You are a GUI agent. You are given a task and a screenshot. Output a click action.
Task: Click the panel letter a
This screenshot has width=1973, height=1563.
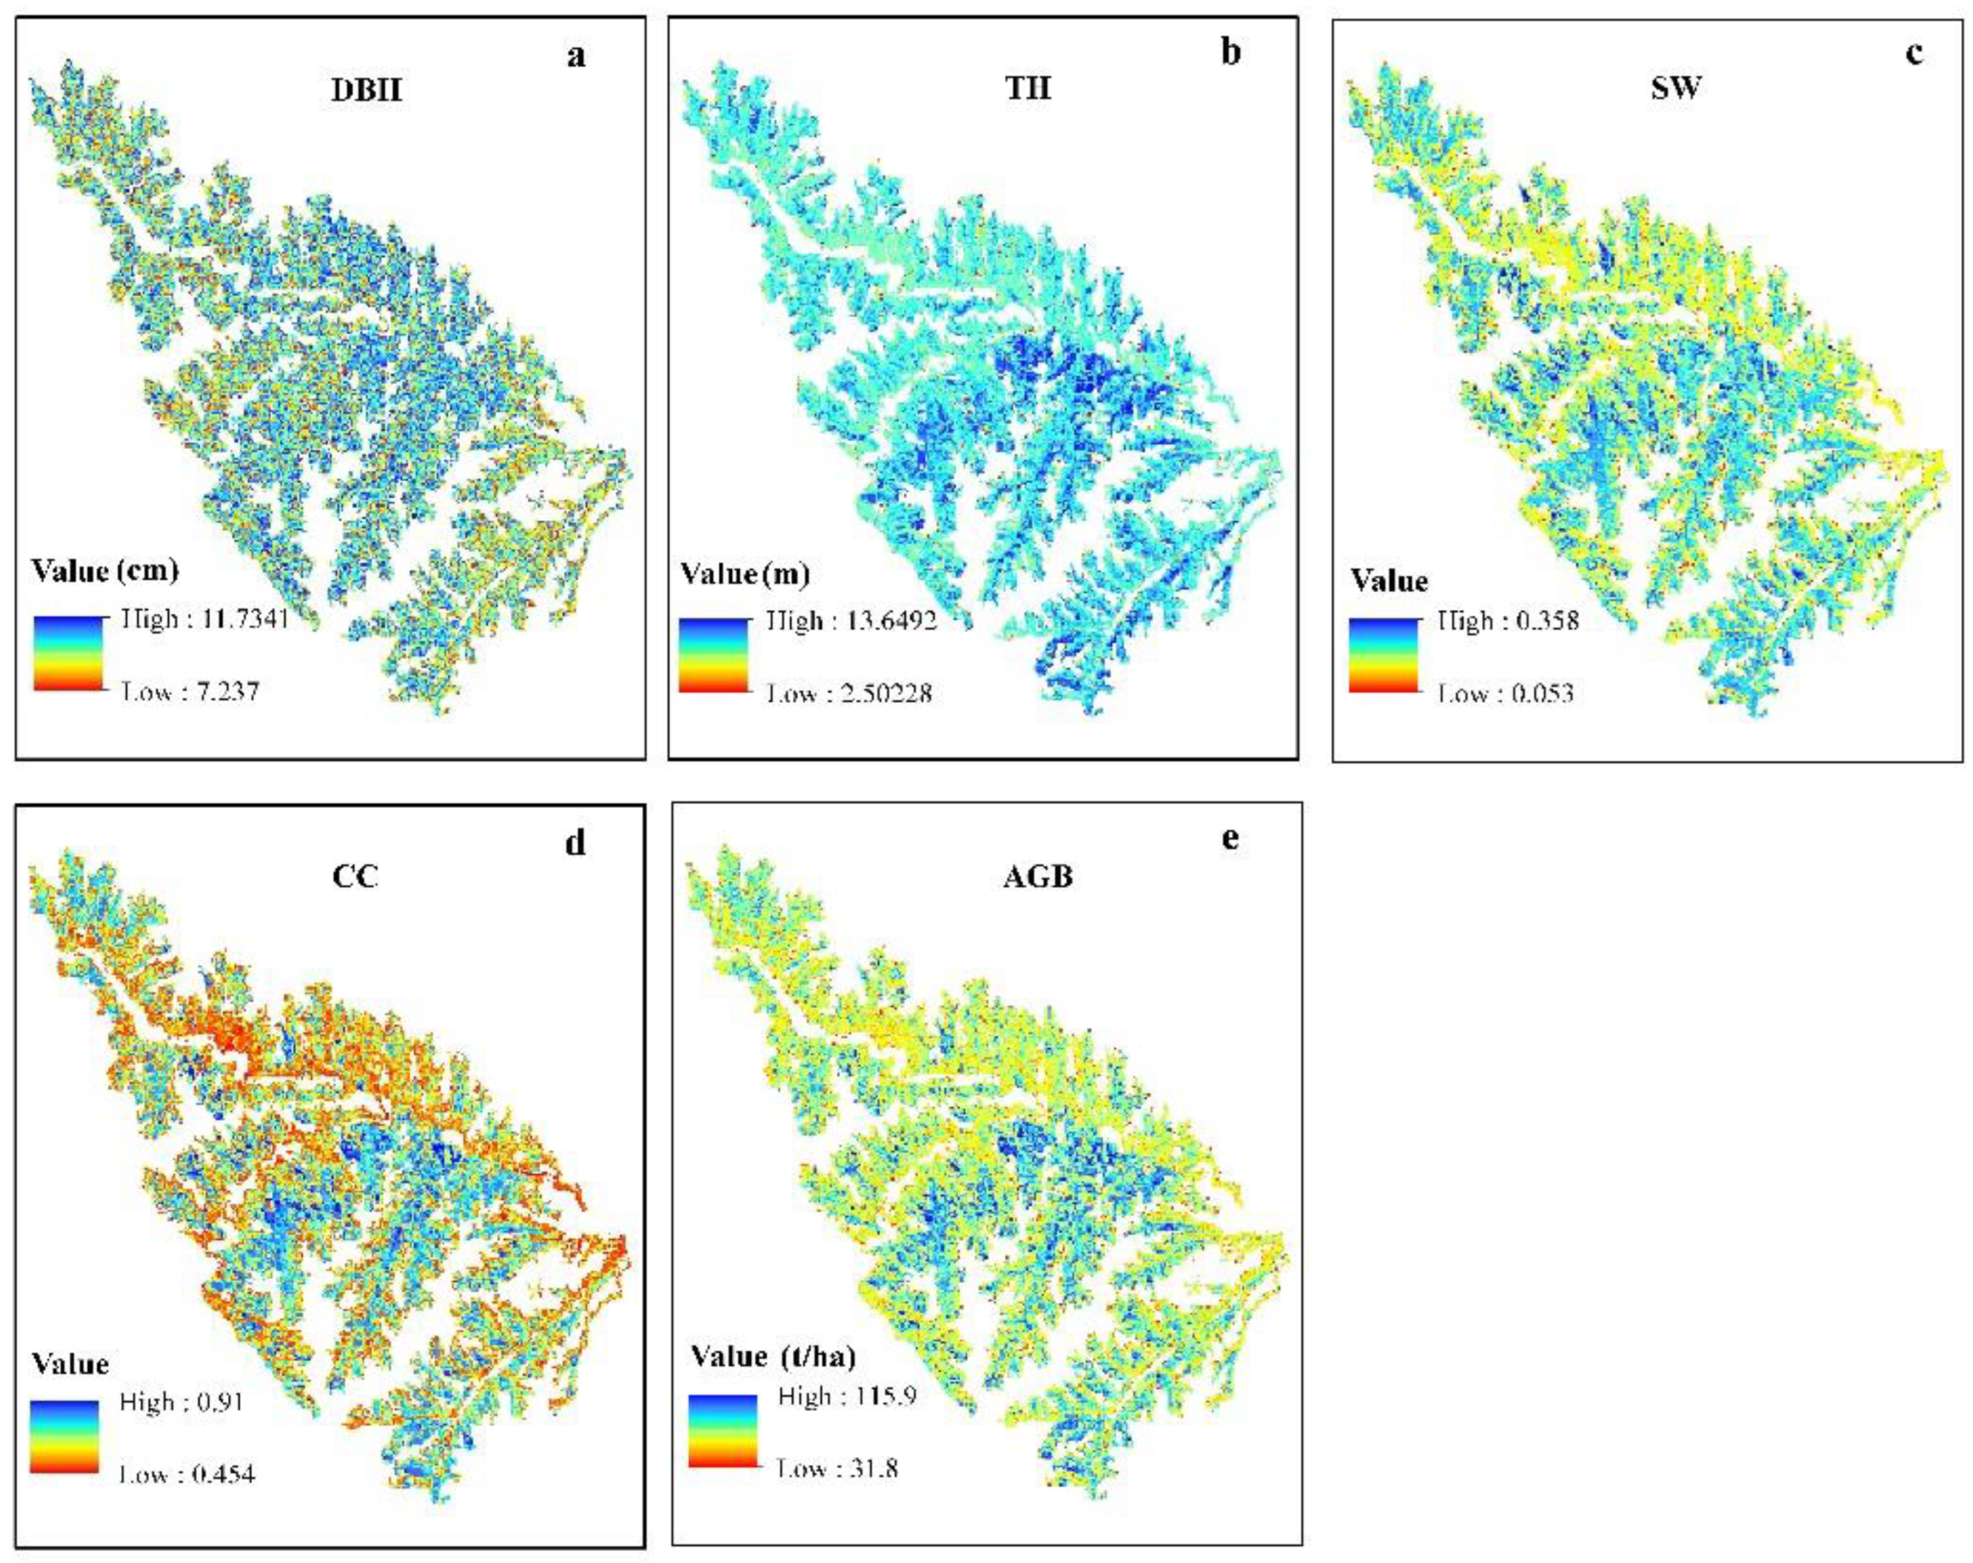click(x=575, y=57)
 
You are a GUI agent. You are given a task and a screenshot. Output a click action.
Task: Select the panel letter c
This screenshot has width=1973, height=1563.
click(x=1914, y=53)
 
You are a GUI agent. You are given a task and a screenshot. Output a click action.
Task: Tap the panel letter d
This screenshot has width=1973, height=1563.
click(x=575, y=842)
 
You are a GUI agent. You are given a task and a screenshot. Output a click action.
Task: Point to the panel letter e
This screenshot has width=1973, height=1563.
click(x=1230, y=837)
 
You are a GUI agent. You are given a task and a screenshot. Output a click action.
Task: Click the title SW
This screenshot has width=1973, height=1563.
click(x=1676, y=88)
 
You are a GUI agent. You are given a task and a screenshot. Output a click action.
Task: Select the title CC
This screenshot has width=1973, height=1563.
click(x=355, y=877)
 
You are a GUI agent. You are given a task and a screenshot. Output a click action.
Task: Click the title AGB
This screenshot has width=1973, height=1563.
click(x=1038, y=877)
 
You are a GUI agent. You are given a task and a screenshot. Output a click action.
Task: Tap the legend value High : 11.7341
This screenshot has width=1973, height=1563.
click(x=206, y=619)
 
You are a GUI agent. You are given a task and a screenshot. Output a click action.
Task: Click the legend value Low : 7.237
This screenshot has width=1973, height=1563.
click(x=192, y=691)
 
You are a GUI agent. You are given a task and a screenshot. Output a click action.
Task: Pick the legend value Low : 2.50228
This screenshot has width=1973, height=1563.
click(x=850, y=694)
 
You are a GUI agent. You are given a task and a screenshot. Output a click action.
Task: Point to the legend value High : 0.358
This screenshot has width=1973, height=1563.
click(x=1508, y=621)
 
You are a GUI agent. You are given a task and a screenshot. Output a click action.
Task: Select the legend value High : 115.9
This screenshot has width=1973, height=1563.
click(x=847, y=1397)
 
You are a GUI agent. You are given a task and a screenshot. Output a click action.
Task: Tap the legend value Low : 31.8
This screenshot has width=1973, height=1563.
click(x=838, y=1469)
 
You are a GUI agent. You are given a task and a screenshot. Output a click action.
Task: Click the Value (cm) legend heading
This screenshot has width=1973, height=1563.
click(x=104, y=571)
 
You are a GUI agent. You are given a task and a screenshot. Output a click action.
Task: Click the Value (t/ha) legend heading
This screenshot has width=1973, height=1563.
click(x=773, y=1355)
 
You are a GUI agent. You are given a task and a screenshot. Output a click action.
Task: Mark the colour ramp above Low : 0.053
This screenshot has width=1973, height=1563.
click(x=1383, y=655)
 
